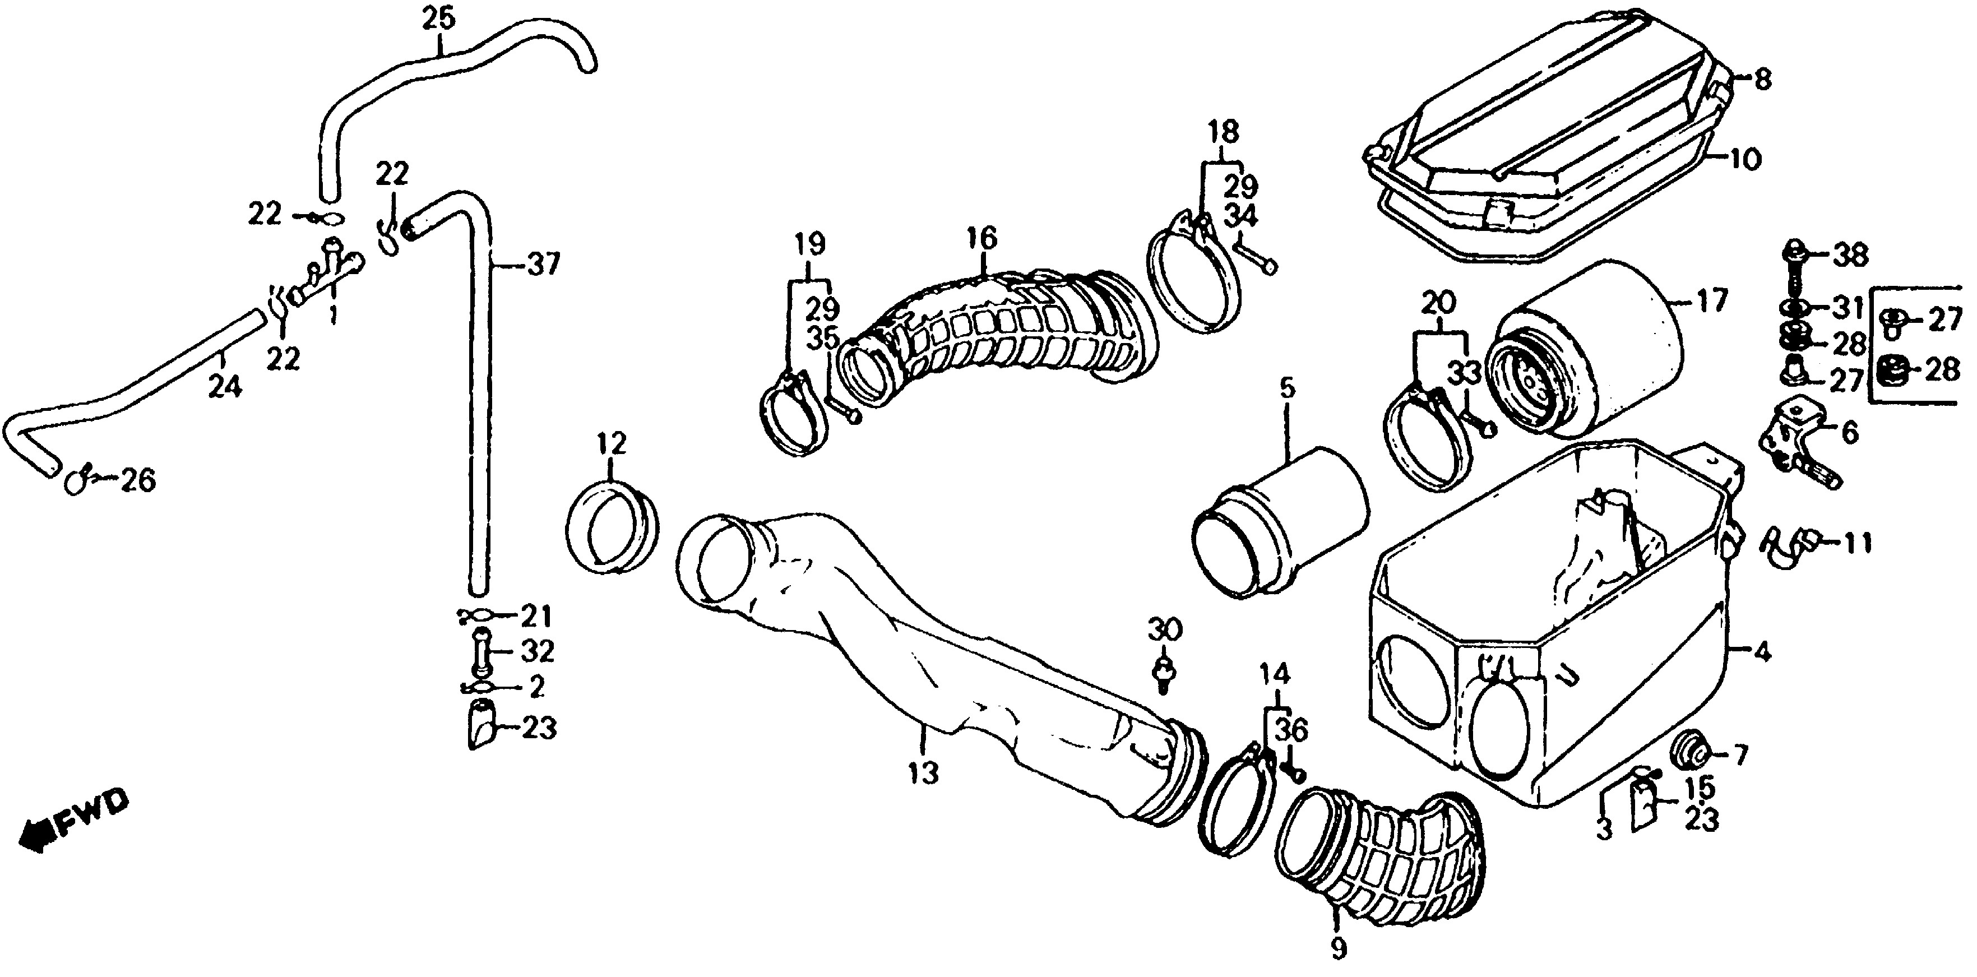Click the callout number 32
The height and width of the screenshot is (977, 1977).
click(x=536, y=651)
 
